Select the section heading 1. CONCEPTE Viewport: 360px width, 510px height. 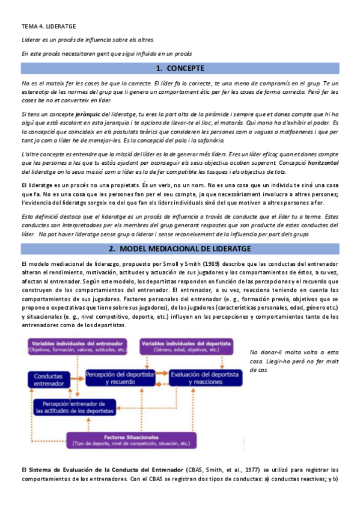(180, 68)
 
